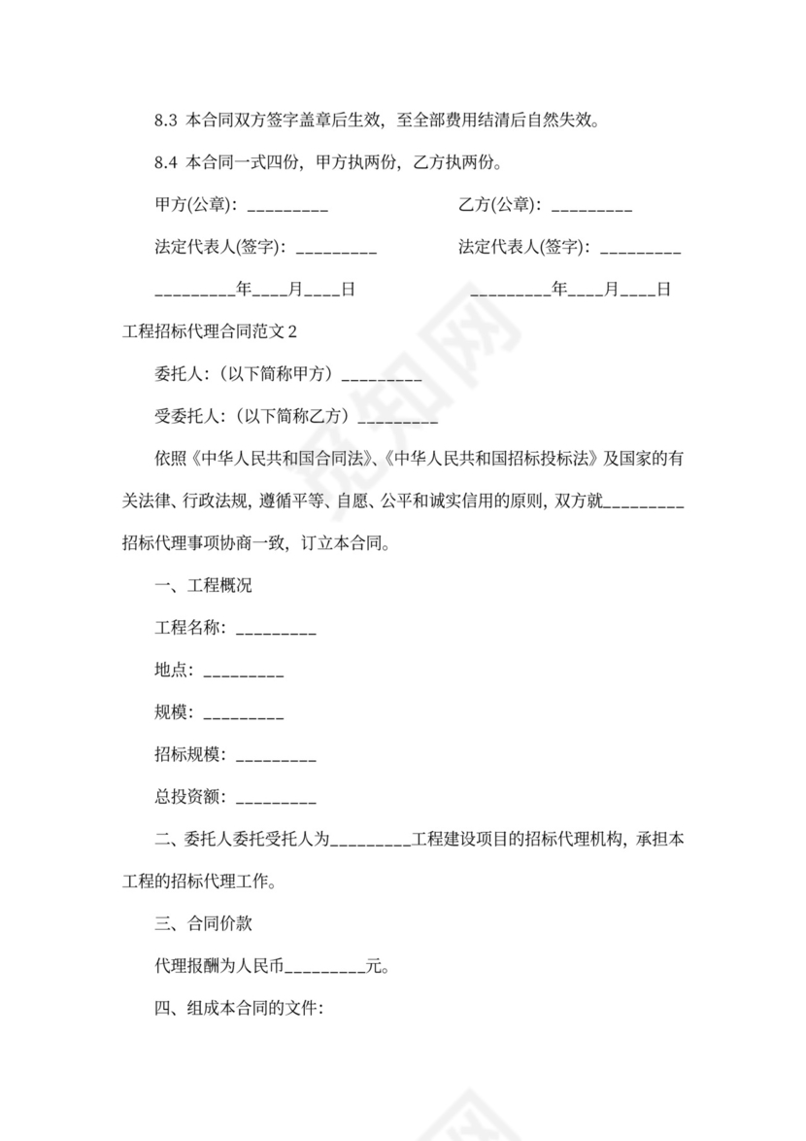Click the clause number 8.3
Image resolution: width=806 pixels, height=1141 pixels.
166,121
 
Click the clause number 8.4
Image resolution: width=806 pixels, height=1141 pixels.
166,162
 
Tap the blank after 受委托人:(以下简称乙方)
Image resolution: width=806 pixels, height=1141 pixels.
398,420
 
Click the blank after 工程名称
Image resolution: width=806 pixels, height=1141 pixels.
276,631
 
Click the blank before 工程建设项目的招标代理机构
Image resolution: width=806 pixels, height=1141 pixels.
371,841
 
